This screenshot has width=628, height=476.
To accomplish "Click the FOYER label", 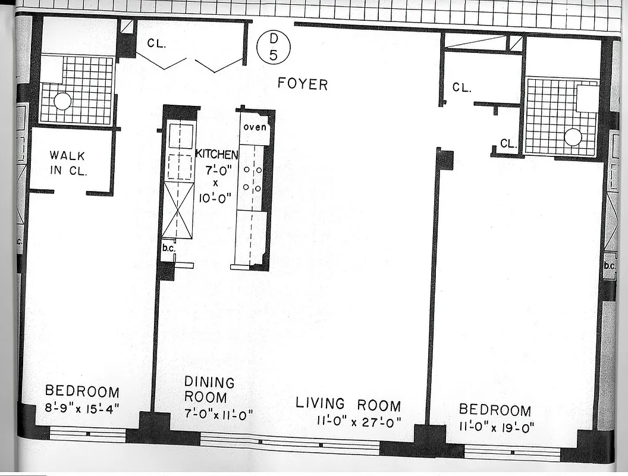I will pyautogui.click(x=302, y=84).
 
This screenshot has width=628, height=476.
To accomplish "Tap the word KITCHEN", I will pyautogui.click(x=217, y=155).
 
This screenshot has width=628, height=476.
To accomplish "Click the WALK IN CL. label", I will pyautogui.click(x=68, y=164).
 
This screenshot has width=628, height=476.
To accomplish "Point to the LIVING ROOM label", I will pyautogui.click(x=348, y=405).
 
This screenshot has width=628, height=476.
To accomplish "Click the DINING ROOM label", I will pyautogui.click(x=209, y=390).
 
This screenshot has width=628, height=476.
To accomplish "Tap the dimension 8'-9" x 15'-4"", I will pyautogui.click(x=82, y=409).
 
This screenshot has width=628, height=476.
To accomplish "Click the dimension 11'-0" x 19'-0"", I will pyautogui.click(x=497, y=427).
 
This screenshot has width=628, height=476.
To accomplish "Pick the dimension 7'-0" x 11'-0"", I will pyautogui.click(x=218, y=414).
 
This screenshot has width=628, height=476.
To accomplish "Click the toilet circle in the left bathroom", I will pyautogui.click(x=62, y=102).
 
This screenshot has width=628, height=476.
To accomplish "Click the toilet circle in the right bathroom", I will pyautogui.click(x=573, y=137).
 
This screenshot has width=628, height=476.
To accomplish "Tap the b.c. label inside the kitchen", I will pyautogui.click(x=168, y=248).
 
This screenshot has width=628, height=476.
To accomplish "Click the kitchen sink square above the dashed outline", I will pyautogui.click(x=180, y=136).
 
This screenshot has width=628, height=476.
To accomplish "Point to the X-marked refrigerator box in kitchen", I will pyautogui.click(x=178, y=210).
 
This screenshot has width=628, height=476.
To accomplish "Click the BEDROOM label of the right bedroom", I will pyautogui.click(x=495, y=410).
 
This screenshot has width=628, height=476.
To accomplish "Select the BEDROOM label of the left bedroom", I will pyautogui.click(x=82, y=392).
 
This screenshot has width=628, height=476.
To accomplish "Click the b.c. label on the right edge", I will pyautogui.click(x=609, y=266).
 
